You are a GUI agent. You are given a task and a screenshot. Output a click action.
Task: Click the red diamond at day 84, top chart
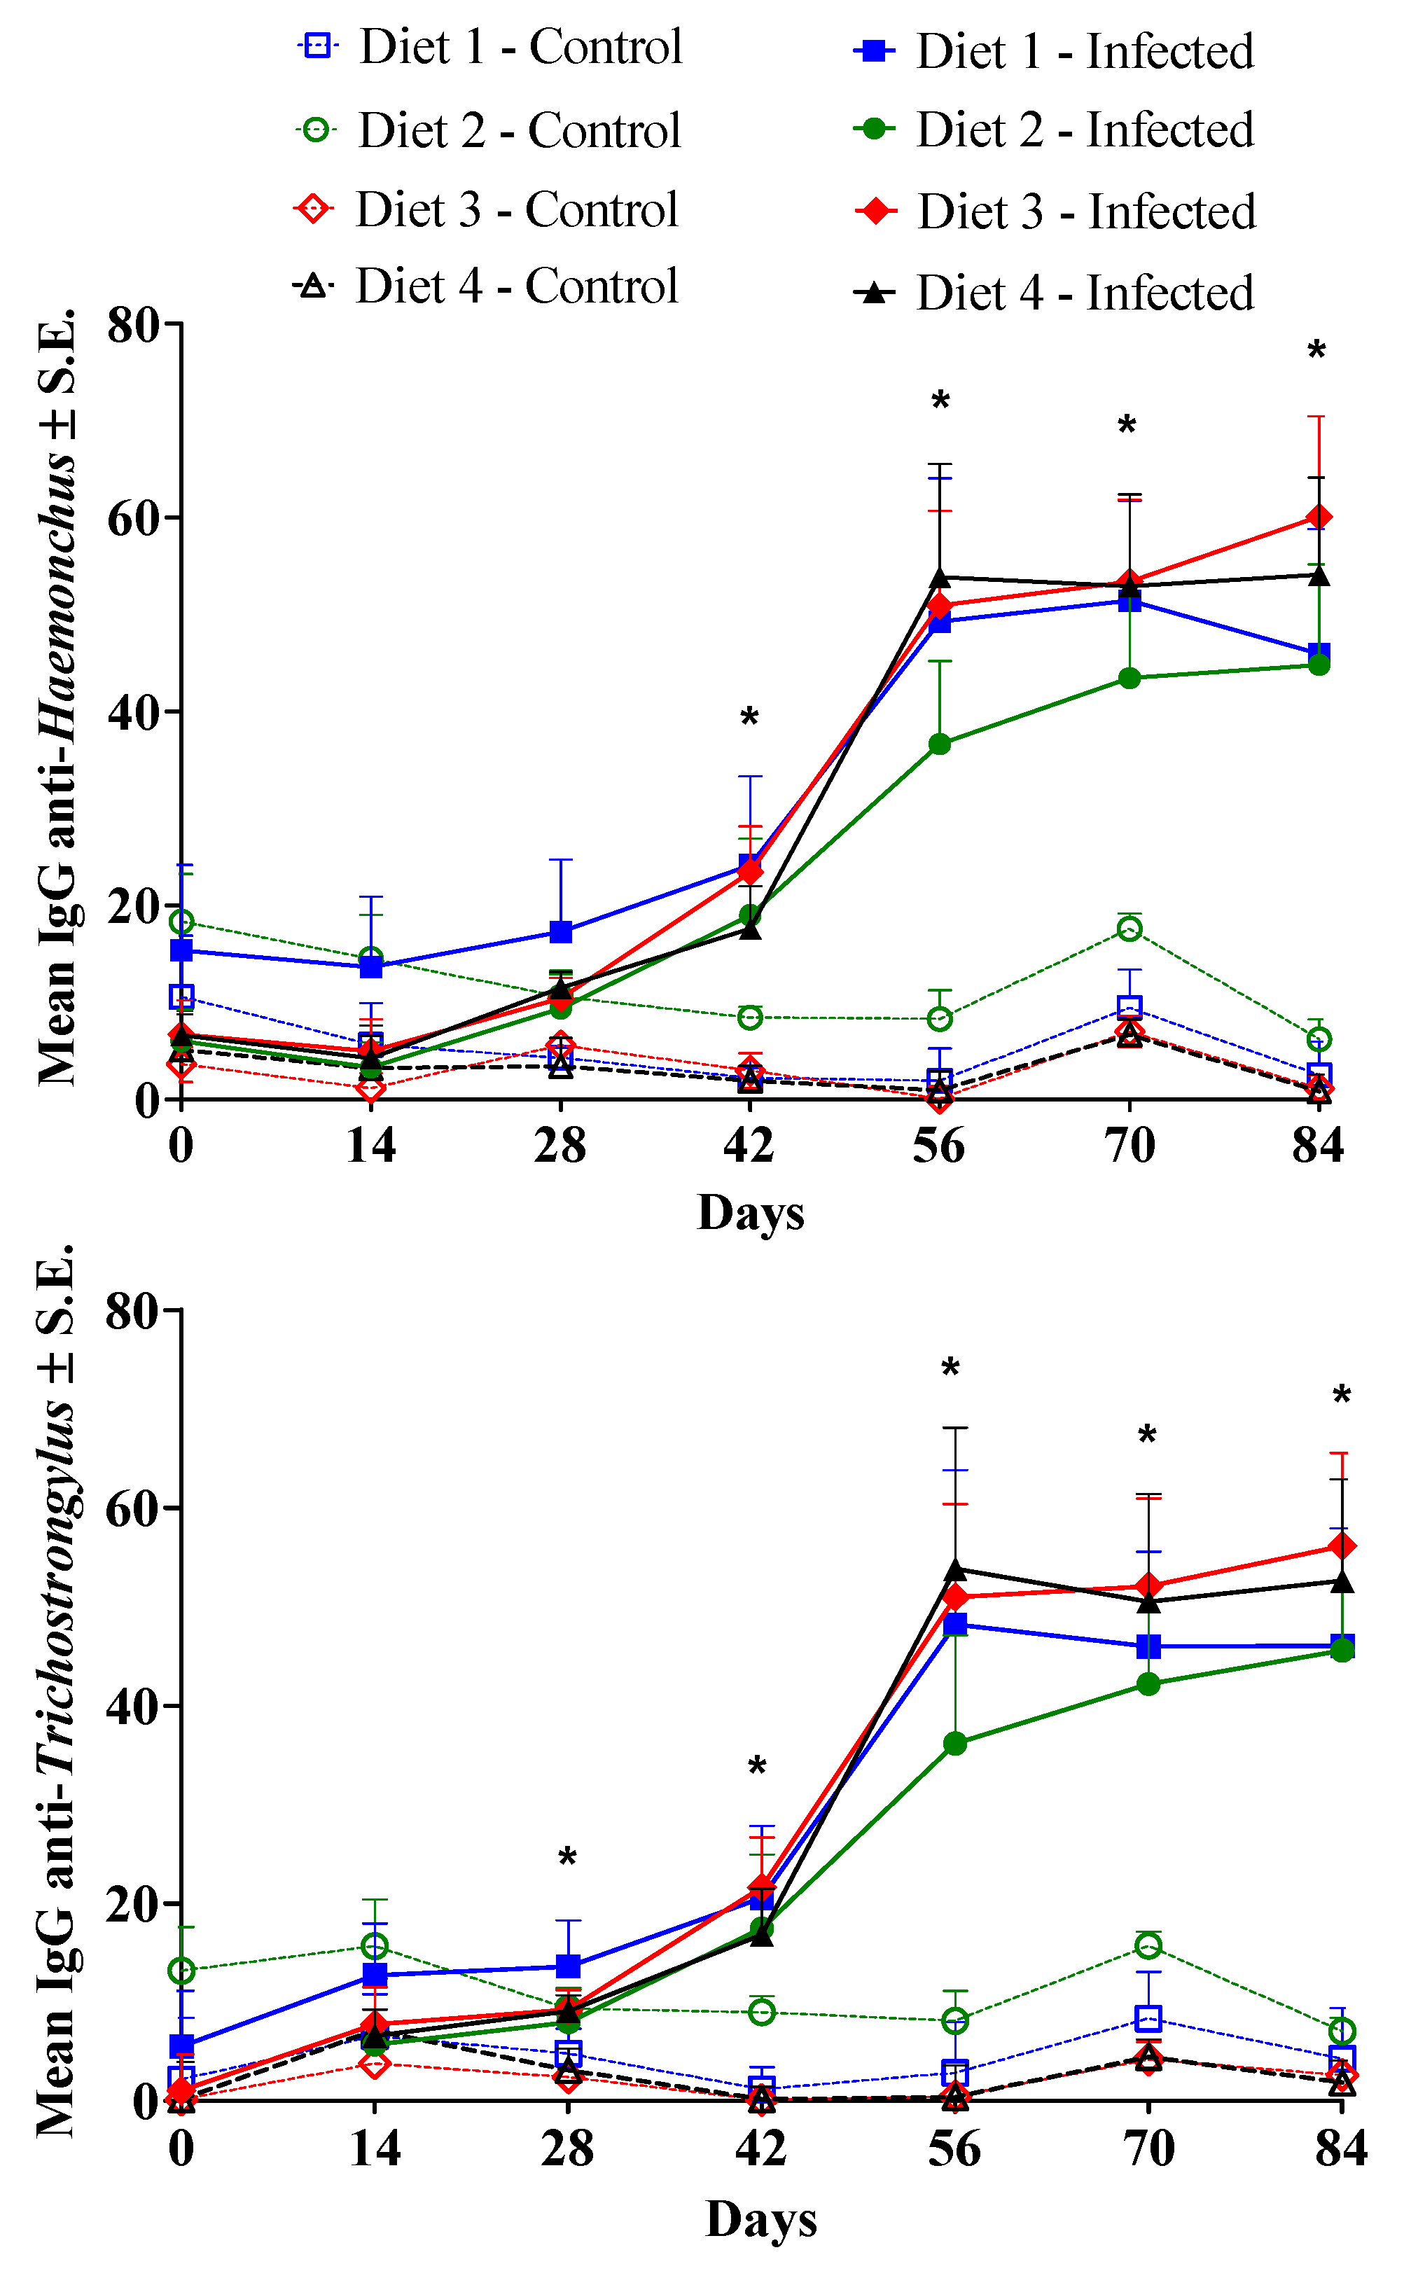click(x=1319, y=518)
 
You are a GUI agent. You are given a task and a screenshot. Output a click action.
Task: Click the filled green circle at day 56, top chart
click(x=940, y=744)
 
